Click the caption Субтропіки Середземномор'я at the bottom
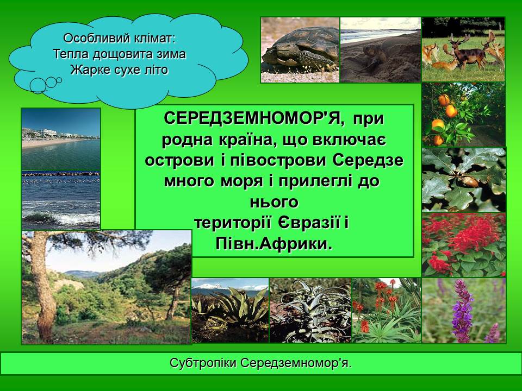(260, 363)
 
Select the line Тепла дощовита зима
(120, 54)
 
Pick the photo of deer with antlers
(463, 49)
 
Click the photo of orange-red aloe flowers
(386, 310)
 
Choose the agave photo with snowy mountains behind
(230, 310)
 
